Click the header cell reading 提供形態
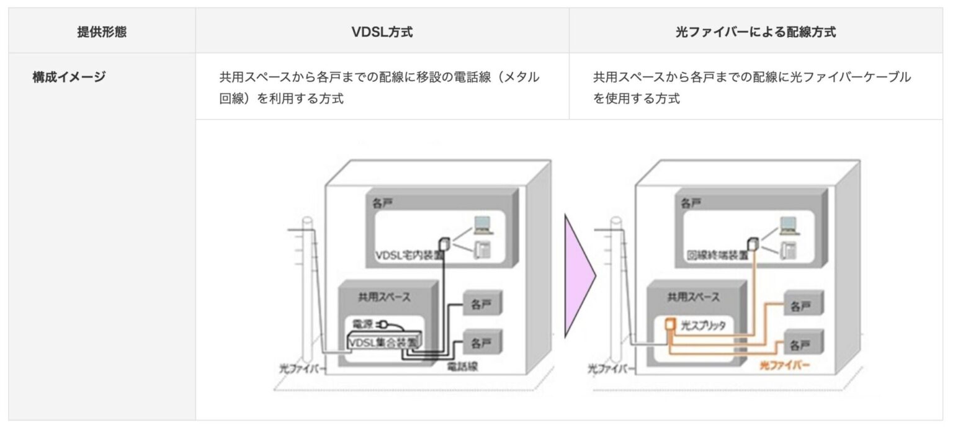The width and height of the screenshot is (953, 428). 102,32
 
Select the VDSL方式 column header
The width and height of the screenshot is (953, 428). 382,32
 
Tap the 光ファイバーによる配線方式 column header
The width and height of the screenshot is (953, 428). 755,32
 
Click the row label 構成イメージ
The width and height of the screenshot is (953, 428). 69,78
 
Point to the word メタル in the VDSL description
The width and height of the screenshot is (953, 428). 519,78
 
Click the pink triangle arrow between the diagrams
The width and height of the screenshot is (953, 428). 579,275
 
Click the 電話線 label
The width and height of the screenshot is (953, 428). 462,367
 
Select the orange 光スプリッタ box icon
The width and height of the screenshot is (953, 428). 669,324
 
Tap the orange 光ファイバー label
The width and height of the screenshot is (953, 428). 784,365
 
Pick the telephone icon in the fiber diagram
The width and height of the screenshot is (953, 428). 789,250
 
